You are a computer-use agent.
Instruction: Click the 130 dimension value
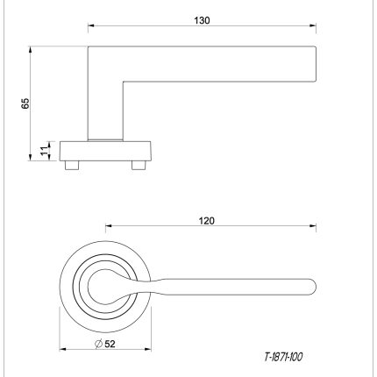pyautogui.click(x=202, y=20)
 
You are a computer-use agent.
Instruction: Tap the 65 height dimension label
pyautogui.click(x=25, y=103)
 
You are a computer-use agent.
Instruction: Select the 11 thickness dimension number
pyautogui.click(x=44, y=150)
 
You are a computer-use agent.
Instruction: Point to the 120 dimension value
pyautogui.click(x=207, y=221)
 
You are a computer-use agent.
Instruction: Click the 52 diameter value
pyautogui.click(x=110, y=344)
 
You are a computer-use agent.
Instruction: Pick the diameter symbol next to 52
pyautogui.click(x=98, y=344)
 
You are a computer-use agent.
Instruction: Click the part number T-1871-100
pyautogui.click(x=283, y=357)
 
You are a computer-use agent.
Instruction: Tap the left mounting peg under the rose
pyautogui.click(x=72, y=165)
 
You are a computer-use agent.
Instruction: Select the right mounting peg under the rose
pyautogui.click(x=139, y=165)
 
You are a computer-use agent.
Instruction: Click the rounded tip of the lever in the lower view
pyautogui.click(x=315, y=287)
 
